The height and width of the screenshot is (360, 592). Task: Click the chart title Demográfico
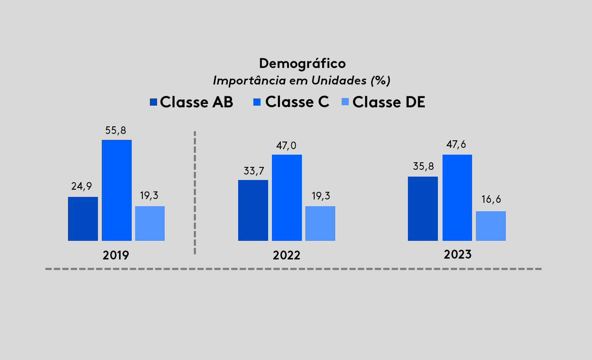[302, 63]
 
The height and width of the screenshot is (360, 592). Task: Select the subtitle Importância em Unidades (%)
[301, 80]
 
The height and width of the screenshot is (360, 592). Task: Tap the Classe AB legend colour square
[153, 102]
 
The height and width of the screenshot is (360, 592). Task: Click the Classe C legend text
[297, 102]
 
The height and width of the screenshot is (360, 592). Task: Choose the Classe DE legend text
[388, 102]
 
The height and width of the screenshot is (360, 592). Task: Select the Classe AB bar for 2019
[83, 219]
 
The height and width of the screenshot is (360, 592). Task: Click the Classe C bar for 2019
[117, 190]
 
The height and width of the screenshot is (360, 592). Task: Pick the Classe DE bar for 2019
[150, 224]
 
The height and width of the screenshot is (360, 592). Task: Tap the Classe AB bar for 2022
[253, 210]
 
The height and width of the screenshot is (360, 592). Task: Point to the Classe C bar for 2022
[287, 198]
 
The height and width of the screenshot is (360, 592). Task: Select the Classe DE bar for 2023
[491, 226]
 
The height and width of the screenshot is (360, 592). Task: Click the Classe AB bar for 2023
[423, 209]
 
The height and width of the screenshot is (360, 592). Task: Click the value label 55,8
[116, 131]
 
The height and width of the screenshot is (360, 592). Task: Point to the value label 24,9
[81, 186]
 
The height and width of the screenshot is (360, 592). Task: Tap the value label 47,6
[456, 145]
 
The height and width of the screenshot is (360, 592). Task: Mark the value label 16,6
[491, 199]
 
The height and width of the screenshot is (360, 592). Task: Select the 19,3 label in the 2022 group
[321, 196]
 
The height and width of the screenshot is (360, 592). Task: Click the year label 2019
[116, 255]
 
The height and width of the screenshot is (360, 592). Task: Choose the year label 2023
[457, 255]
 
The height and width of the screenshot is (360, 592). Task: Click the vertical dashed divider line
[195, 193]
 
